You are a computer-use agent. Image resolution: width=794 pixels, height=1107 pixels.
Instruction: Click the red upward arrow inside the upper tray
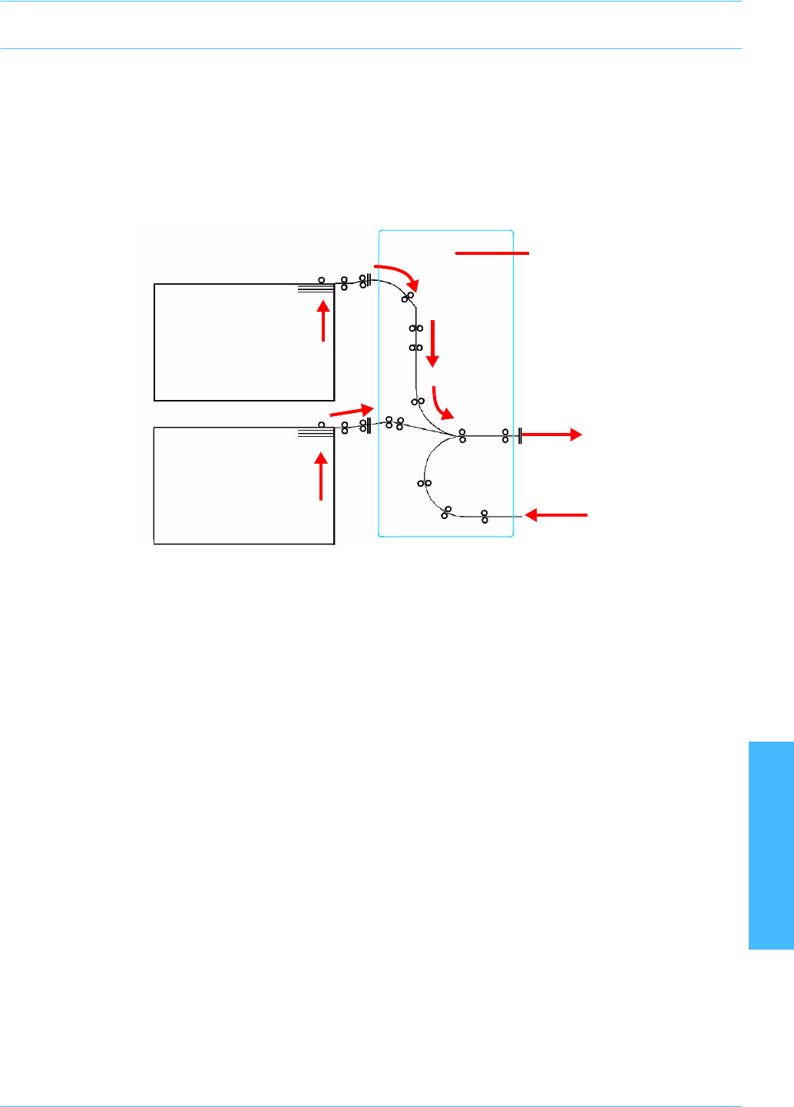(324, 321)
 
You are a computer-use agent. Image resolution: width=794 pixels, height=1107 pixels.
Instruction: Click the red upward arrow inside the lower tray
(321, 477)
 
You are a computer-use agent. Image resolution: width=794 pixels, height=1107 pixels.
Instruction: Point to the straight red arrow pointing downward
(432, 343)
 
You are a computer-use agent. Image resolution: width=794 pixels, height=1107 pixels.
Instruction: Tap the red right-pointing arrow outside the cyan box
(551, 435)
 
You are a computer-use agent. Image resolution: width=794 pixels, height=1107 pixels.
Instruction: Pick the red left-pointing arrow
(556, 515)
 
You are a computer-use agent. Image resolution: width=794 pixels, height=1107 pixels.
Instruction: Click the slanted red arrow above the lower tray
(352, 411)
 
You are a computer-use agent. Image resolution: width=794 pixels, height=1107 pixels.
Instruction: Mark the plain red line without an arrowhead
(492, 253)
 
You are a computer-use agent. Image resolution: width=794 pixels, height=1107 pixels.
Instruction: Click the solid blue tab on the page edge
(771, 845)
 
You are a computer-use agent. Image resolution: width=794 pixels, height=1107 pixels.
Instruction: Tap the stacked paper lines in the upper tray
(316, 289)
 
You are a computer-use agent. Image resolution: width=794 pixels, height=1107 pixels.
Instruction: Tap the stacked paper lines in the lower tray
(316, 433)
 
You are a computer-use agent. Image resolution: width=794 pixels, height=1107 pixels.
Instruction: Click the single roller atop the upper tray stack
(321, 280)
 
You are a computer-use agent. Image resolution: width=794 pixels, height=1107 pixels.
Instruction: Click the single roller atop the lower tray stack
(321, 424)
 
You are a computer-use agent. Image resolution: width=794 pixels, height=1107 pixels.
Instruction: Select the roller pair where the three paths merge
(462, 436)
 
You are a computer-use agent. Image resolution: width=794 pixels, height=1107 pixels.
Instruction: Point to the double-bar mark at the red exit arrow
(521, 436)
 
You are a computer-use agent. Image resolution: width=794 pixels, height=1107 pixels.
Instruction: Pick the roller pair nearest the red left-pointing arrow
(485, 517)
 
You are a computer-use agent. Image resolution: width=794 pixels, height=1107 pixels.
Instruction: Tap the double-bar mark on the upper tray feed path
(370, 280)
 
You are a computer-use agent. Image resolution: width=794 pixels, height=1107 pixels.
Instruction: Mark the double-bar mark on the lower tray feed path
(370, 425)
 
